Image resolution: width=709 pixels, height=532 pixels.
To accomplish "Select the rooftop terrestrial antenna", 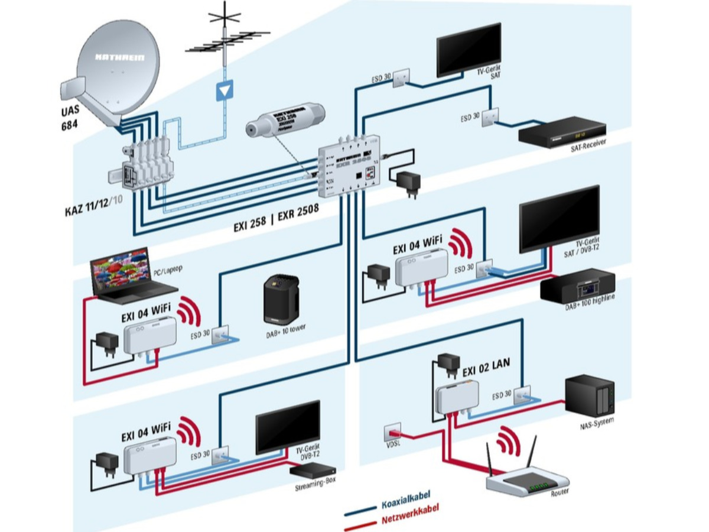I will coord(224,41).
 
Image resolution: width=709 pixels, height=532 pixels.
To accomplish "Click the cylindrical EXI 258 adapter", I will coord(284,121).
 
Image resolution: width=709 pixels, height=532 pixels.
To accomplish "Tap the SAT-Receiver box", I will coord(561,133).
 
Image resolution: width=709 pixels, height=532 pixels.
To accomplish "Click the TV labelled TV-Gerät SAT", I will coord(469,50).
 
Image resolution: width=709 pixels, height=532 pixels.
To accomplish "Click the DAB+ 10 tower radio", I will coord(281,299).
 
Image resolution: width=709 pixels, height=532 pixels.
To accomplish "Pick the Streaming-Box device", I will coord(313,470).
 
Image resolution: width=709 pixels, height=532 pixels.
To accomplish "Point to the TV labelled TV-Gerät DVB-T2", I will coord(287,427).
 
